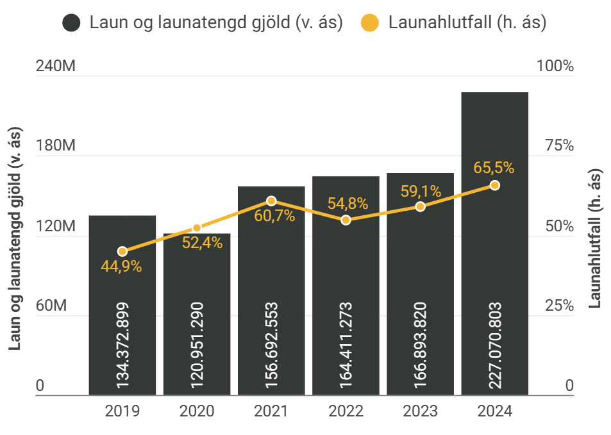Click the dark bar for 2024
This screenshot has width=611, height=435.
(494, 243)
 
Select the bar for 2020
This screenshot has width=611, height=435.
(197, 314)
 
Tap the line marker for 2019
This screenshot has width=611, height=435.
(122, 252)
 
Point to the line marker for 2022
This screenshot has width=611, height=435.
(346, 220)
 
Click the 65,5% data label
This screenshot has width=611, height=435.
(494, 168)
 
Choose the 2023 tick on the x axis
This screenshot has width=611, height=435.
(420, 411)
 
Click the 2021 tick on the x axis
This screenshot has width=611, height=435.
(271, 411)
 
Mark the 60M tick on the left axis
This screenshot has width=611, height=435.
(51, 306)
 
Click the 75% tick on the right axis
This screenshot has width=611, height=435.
(559, 146)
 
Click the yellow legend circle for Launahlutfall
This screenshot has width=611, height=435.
(369, 24)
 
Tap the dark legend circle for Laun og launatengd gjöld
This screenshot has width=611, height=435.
(71, 24)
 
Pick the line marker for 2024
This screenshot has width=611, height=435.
(494, 185)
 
